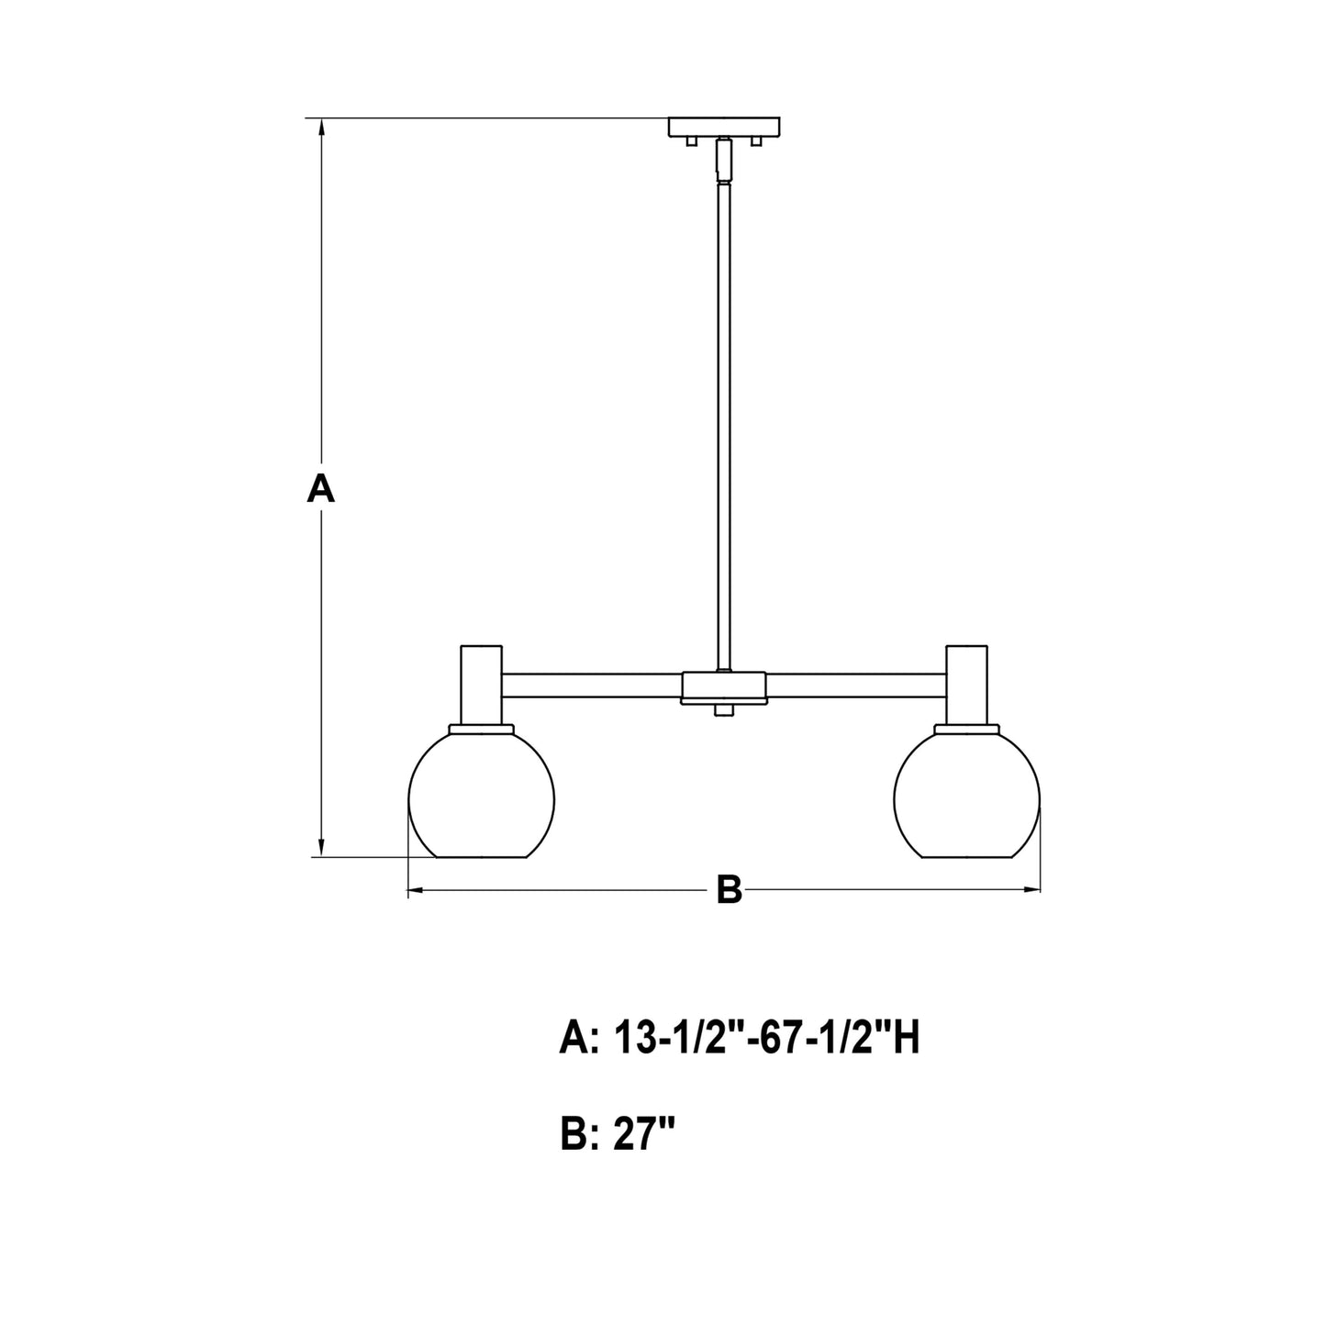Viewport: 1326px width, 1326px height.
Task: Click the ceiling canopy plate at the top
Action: coord(725,127)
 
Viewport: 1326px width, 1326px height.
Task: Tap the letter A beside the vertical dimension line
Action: coord(320,488)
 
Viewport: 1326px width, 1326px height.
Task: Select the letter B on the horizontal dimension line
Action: coord(729,889)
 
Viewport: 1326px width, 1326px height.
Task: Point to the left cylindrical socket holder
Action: coord(481,685)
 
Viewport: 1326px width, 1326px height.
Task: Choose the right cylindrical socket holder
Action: coord(967,685)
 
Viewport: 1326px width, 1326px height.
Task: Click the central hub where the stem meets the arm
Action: coord(724,686)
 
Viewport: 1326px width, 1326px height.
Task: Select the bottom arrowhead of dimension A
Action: coord(321,847)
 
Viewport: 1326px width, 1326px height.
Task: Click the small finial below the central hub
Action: coord(724,710)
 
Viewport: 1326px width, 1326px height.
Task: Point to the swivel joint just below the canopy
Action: coord(724,161)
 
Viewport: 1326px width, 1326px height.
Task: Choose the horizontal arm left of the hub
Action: coord(592,685)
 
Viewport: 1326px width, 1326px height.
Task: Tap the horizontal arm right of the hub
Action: coord(855,685)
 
